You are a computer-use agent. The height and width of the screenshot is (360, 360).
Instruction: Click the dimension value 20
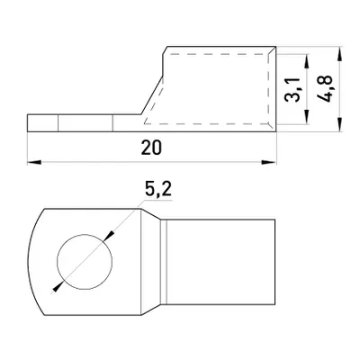point(151,148)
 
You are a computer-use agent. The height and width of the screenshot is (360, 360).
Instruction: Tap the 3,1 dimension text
point(292,89)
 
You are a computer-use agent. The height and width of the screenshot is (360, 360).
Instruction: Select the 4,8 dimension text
point(325,89)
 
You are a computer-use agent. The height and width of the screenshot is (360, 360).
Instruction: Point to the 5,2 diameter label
point(157,189)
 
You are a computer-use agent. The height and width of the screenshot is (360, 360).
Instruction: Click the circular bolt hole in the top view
point(85,262)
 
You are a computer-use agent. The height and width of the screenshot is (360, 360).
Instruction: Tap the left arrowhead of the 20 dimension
point(34,162)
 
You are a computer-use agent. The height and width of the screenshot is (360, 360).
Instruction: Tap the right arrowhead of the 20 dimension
point(269,162)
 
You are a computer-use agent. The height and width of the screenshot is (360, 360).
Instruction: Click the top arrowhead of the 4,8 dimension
point(339,53)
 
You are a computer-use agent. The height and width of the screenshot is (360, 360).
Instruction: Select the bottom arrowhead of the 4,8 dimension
point(339,124)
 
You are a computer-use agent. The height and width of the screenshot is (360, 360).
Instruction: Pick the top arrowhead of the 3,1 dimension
point(306,61)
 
